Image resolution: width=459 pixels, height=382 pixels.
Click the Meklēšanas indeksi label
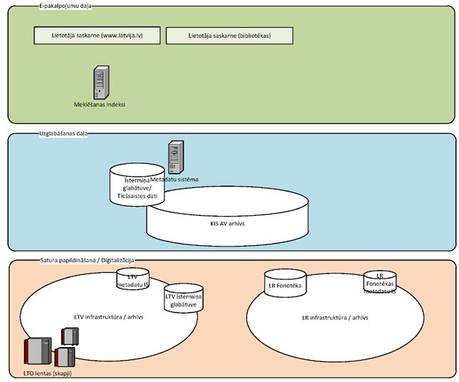[100, 104]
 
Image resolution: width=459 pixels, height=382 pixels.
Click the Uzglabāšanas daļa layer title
[64, 133]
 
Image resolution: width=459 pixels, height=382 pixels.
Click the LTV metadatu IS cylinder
[132, 280]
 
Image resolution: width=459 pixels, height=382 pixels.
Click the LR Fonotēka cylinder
[284, 284]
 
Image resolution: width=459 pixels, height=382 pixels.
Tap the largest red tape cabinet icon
[36, 352]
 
